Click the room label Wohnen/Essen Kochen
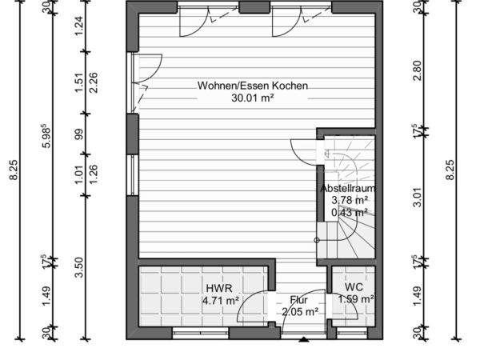click(x=253, y=86)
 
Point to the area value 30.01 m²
click(x=253, y=98)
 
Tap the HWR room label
click(x=219, y=288)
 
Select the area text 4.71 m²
click(x=221, y=300)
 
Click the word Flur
click(x=298, y=300)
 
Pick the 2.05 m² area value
click(x=300, y=312)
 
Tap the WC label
click(x=354, y=287)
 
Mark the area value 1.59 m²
click(x=356, y=298)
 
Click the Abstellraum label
click(x=348, y=188)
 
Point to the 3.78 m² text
click(x=350, y=200)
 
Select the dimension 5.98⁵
click(x=46, y=136)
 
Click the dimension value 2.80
click(x=417, y=70)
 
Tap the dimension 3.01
click(x=417, y=197)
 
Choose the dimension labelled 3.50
click(x=79, y=267)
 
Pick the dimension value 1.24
click(x=79, y=26)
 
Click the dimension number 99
click(x=79, y=134)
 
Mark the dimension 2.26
click(x=93, y=82)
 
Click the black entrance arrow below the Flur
click(x=303, y=339)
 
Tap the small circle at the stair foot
click(x=317, y=240)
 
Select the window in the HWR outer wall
click(x=201, y=333)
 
